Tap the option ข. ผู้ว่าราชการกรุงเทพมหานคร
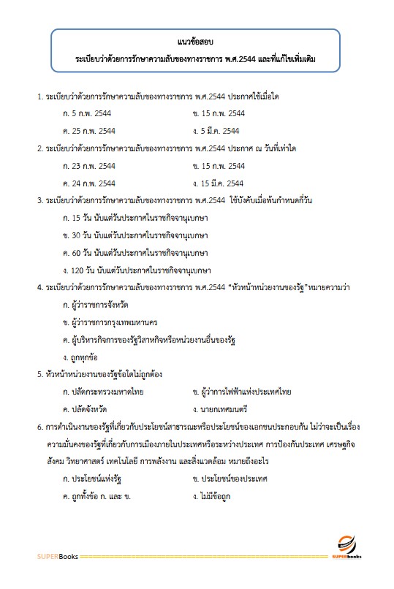coord(110,322)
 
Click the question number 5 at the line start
coord(39,375)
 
